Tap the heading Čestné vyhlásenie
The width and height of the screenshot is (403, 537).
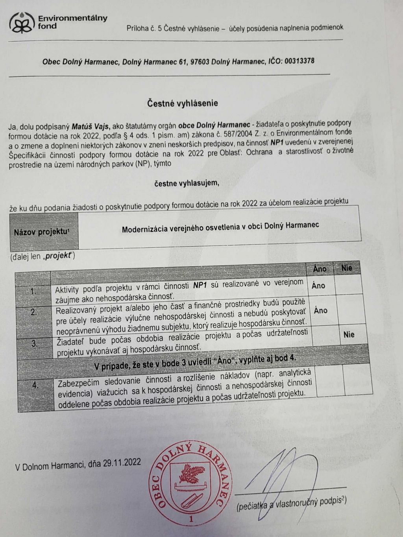pos(183,103)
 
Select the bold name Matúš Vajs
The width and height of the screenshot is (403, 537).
pos(91,127)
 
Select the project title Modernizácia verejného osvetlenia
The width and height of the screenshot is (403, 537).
pos(220,227)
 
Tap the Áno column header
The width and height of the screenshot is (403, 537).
pos(320,269)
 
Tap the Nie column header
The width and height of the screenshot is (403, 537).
pos(347,268)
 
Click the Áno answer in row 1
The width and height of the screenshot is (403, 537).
pos(318,286)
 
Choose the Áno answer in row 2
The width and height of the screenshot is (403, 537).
pos(320,311)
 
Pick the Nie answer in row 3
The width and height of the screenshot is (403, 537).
pos(349,335)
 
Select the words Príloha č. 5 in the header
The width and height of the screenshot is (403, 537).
pos(144,28)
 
